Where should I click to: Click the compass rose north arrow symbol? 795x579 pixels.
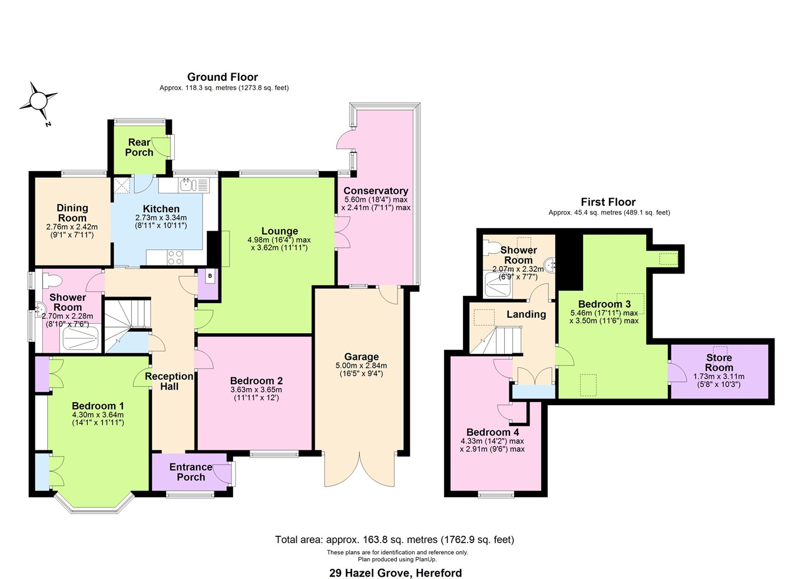pyautogui.click(x=39, y=101)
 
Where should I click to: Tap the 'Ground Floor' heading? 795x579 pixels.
pyautogui.click(x=223, y=77)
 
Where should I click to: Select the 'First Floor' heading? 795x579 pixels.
pyautogui.click(x=608, y=202)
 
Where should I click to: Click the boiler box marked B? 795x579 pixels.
pyautogui.click(x=209, y=275)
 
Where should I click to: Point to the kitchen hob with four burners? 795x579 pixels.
pyautogui.click(x=175, y=257)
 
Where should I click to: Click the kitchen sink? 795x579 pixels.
pyautogui.click(x=187, y=185)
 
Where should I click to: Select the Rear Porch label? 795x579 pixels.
pyautogui.click(x=140, y=147)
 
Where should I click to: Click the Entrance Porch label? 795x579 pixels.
pyautogui.click(x=190, y=472)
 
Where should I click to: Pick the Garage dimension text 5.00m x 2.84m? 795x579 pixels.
pyautogui.click(x=361, y=366)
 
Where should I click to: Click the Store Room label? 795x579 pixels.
pyautogui.click(x=718, y=363)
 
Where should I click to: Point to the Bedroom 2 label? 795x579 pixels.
pyautogui.click(x=256, y=381)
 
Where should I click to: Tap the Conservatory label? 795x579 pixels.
pyautogui.click(x=376, y=190)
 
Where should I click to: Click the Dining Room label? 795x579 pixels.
pyautogui.click(x=72, y=213)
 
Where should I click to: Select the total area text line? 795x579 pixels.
pyautogui.click(x=395, y=539)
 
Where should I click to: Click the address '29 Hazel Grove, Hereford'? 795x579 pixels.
pyautogui.click(x=395, y=573)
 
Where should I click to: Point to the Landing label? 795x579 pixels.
pyautogui.click(x=526, y=314)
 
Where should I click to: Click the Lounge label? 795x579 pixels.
pyautogui.click(x=280, y=231)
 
